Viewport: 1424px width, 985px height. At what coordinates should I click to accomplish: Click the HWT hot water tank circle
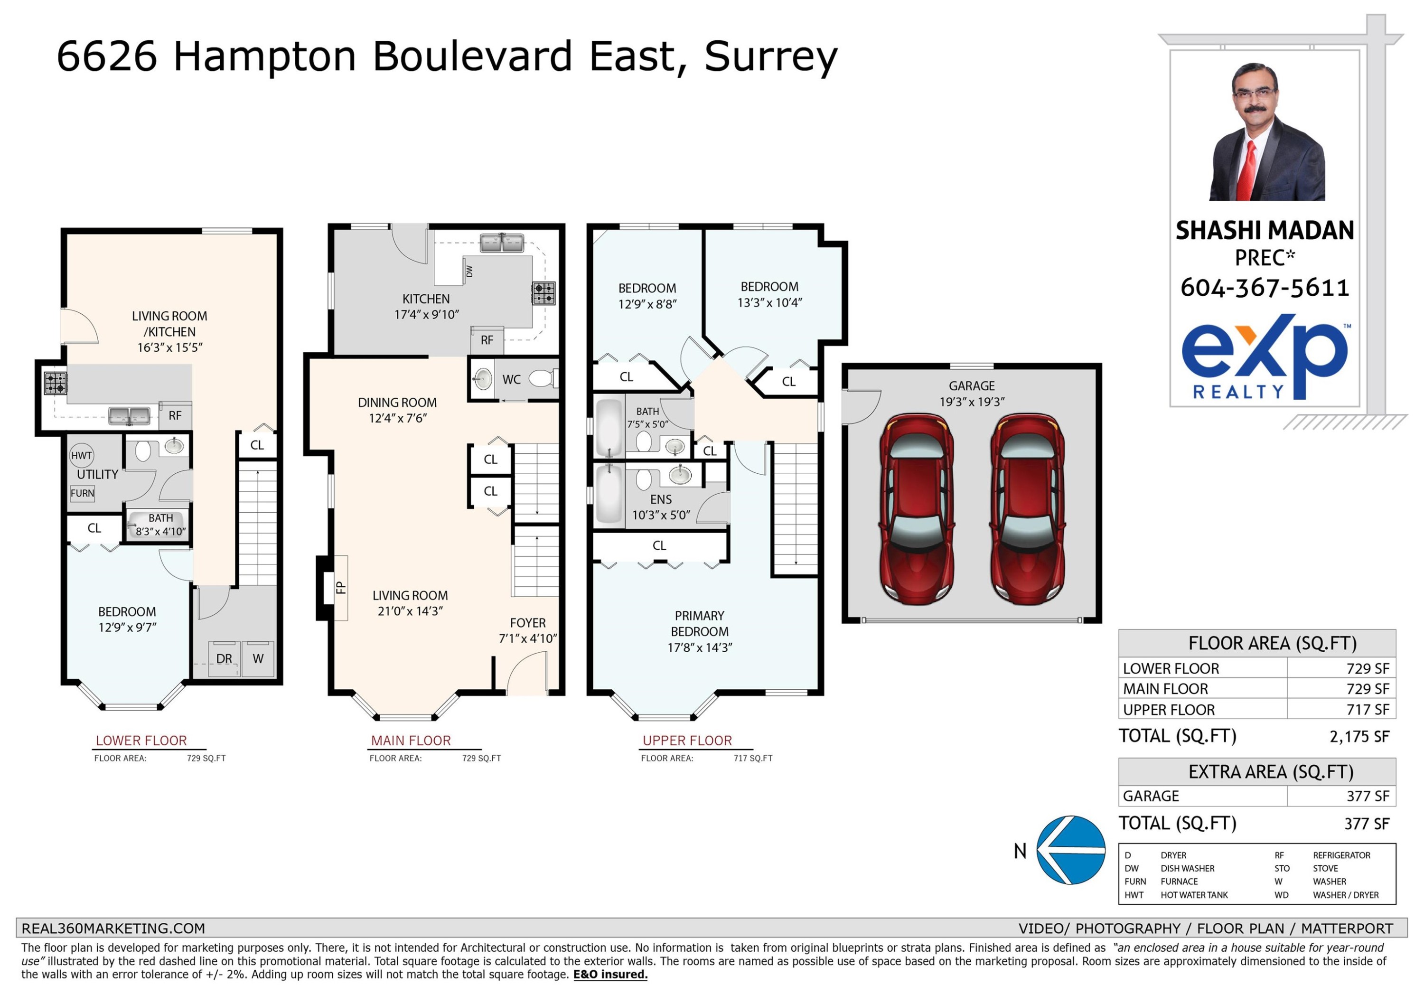click(82, 455)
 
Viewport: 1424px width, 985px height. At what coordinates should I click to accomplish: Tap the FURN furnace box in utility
click(82, 493)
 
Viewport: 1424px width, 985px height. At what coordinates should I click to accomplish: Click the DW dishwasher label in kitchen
click(469, 271)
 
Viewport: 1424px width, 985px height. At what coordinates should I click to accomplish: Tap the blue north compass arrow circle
click(1070, 850)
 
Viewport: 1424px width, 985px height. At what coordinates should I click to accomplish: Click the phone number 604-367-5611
click(1265, 288)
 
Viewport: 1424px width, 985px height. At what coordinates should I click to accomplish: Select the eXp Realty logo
click(1265, 358)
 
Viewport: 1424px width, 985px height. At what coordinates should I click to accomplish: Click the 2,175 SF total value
click(1359, 736)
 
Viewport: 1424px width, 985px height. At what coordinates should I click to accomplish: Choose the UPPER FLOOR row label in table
click(1169, 710)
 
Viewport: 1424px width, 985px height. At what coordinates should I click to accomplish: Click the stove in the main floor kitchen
click(543, 293)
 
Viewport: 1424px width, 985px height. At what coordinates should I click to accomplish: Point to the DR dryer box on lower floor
click(224, 658)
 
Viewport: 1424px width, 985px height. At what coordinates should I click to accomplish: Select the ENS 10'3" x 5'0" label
click(661, 507)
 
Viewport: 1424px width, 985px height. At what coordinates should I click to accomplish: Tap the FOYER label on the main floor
click(527, 623)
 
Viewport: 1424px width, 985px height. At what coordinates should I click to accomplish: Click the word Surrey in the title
click(770, 57)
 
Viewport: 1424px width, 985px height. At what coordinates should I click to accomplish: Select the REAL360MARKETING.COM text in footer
click(113, 928)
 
